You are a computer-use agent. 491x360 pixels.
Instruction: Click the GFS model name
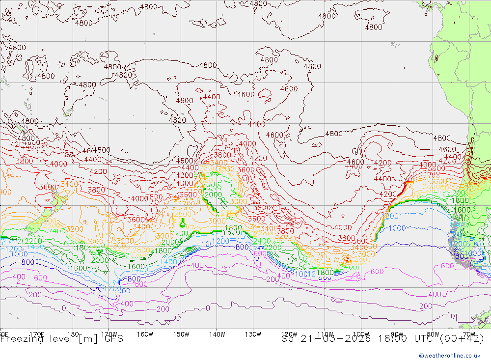click(112, 338)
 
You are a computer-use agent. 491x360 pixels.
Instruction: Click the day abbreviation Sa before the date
click(288, 338)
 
